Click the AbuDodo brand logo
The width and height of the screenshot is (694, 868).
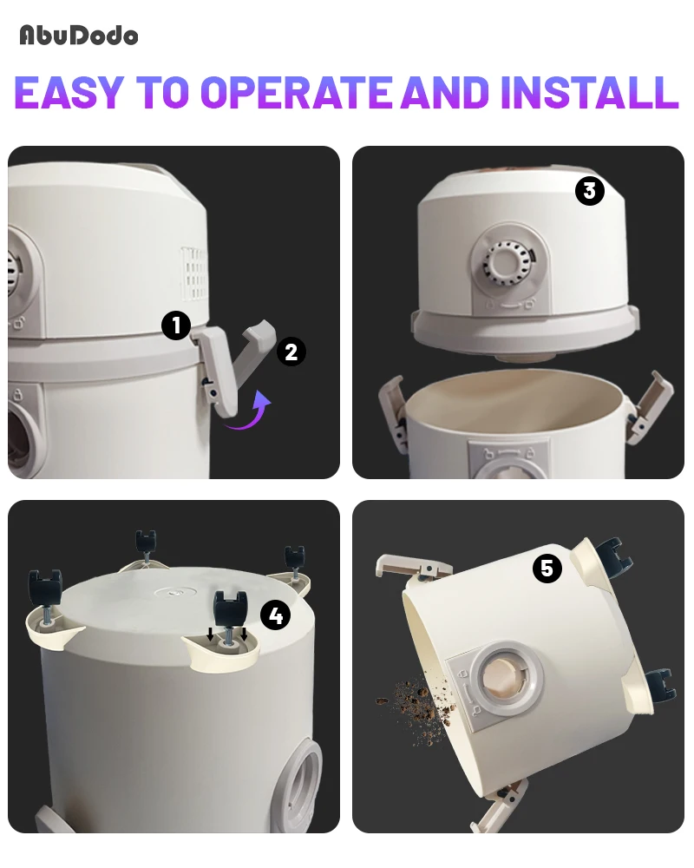coord(79,36)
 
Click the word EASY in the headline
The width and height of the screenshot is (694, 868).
coord(69,92)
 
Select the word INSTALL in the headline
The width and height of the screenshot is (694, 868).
coord(589,92)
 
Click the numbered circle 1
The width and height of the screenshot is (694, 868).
coord(176,325)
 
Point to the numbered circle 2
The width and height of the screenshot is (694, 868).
coord(291,352)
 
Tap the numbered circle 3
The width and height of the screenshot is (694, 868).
coord(589,190)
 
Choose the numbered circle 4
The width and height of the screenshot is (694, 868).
coord(275,615)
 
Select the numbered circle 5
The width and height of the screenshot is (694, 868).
coord(547,568)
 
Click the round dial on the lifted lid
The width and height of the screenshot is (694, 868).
coord(506,264)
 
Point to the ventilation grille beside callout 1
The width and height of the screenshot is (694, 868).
coord(193,273)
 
